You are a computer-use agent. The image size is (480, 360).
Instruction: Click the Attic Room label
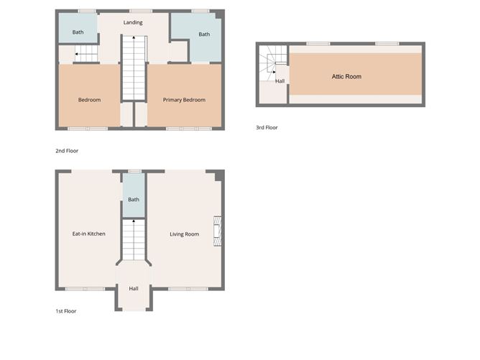click(x=346, y=76)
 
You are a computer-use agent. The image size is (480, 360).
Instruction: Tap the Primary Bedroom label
click(x=184, y=100)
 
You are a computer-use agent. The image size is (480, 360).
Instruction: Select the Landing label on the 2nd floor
click(x=133, y=22)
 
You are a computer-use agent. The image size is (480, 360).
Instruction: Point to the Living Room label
click(x=184, y=234)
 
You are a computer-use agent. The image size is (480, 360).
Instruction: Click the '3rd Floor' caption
click(x=267, y=128)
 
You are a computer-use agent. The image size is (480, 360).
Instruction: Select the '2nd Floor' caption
click(x=67, y=151)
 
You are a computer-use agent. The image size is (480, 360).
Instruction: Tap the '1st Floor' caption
click(x=65, y=311)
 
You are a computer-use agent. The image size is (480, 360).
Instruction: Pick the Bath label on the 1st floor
click(x=133, y=200)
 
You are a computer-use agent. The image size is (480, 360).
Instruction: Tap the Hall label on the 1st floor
click(x=134, y=289)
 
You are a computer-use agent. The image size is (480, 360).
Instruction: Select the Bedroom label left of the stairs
click(x=89, y=100)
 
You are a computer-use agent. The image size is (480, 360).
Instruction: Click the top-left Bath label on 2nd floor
click(x=78, y=32)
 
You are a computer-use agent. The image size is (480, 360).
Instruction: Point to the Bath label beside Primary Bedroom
click(x=204, y=34)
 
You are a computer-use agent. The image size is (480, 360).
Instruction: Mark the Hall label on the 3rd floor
click(x=280, y=81)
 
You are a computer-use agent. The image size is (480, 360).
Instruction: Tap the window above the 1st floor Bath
click(x=133, y=171)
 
